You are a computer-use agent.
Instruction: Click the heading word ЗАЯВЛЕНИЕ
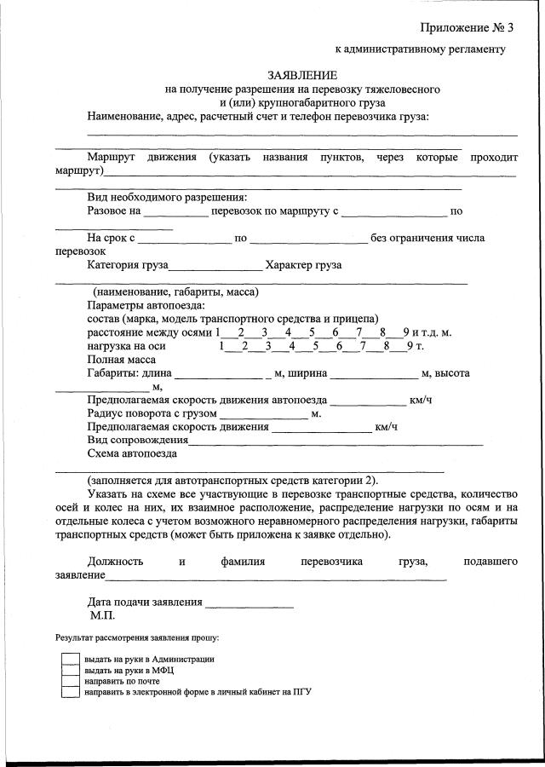[302, 75]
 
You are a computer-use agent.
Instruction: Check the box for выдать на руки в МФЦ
[71, 671]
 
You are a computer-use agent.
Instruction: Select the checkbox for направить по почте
[71, 682]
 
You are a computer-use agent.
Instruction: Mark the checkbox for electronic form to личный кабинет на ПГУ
[71, 693]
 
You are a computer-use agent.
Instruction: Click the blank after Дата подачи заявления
[250, 603]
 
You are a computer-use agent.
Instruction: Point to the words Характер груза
[303, 265]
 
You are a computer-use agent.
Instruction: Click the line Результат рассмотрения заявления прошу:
[137, 637]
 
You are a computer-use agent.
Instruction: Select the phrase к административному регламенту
[420, 49]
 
